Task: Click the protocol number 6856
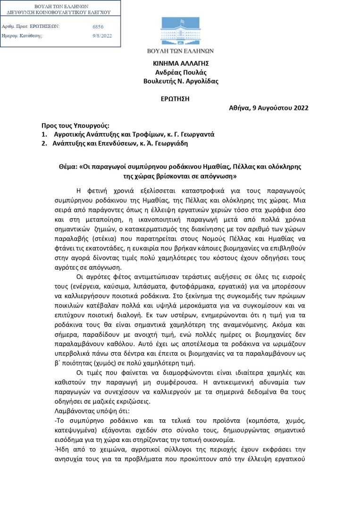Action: coord(98,27)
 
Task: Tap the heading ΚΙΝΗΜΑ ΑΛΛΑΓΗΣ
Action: coord(181,63)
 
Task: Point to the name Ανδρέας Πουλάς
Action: coord(181,72)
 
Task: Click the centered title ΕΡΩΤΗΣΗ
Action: coord(181,99)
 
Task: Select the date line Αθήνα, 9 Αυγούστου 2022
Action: coord(268,108)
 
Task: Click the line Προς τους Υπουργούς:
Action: coord(75,126)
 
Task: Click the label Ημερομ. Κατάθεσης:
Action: coord(23,36)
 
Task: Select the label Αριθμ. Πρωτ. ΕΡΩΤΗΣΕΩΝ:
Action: coord(31,26)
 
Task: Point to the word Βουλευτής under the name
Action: coord(160,81)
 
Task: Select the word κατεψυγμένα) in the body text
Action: coord(77,429)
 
